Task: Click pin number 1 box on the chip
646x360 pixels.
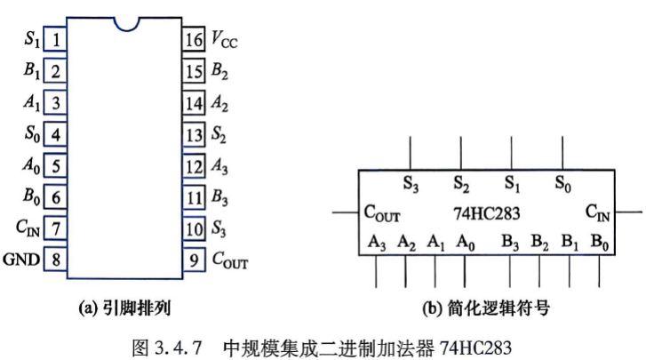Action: click(x=55, y=39)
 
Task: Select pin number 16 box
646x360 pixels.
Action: click(x=194, y=39)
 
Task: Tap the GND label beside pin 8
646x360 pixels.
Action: click(x=21, y=260)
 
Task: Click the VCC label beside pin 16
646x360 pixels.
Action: click(x=224, y=40)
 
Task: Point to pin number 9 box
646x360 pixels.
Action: click(x=194, y=260)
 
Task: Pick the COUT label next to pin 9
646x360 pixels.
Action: click(x=230, y=260)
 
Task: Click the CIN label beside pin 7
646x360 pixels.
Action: click(x=28, y=228)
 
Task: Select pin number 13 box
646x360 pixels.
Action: click(x=194, y=134)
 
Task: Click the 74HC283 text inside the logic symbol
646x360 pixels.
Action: click(x=487, y=213)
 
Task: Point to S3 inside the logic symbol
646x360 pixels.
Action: click(x=411, y=183)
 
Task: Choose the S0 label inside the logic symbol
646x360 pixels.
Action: click(x=562, y=183)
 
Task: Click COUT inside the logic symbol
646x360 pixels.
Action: click(x=382, y=213)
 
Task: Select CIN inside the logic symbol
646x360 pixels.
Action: click(x=597, y=213)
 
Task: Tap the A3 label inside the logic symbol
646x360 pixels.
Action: click(x=377, y=242)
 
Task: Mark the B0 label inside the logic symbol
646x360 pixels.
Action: click(x=600, y=242)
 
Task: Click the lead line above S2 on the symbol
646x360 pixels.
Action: click(x=461, y=153)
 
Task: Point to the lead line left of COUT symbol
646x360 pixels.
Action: click(x=346, y=212)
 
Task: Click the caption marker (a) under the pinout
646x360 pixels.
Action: click(x=87, y=308)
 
